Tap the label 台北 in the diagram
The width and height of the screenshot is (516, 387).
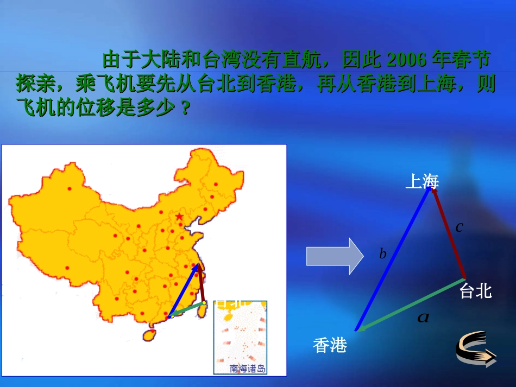coord(475,291)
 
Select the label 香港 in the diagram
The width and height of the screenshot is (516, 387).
coord(330,345)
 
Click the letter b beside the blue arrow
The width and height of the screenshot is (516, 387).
coord(382,254)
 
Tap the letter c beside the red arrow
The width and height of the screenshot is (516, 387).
coord(459,227)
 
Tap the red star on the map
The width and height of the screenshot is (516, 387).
coord(180,217)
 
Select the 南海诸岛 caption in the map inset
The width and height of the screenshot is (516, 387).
coord(248,369)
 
